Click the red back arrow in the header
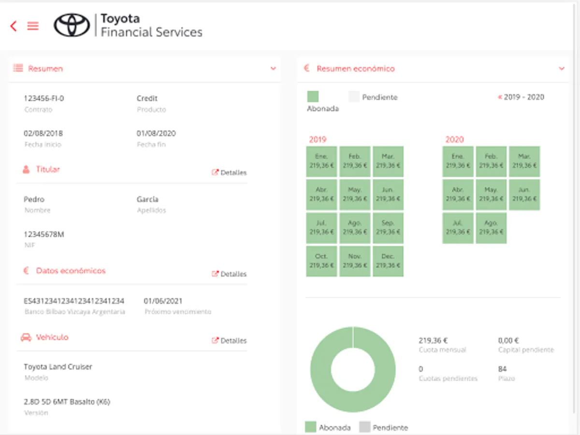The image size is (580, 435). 14,26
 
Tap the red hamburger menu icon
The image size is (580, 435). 33,26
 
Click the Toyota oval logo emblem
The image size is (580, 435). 72,25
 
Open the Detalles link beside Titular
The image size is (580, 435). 230,173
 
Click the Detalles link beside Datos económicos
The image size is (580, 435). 230,274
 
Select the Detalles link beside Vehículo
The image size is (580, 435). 230,341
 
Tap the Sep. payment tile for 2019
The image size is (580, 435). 388,228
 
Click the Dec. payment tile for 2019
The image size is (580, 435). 388,261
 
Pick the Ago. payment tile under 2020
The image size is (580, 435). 491,228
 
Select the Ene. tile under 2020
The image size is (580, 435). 458,161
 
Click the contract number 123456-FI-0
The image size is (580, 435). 44,99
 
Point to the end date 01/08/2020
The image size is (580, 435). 156,133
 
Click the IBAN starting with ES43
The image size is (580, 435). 74,301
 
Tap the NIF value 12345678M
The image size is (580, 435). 44,234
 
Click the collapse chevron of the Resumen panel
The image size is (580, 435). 273,69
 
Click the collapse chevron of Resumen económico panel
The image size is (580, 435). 562,69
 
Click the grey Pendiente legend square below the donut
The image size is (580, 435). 365,427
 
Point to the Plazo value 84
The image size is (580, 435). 502,369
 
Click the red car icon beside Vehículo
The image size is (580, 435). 26,337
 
